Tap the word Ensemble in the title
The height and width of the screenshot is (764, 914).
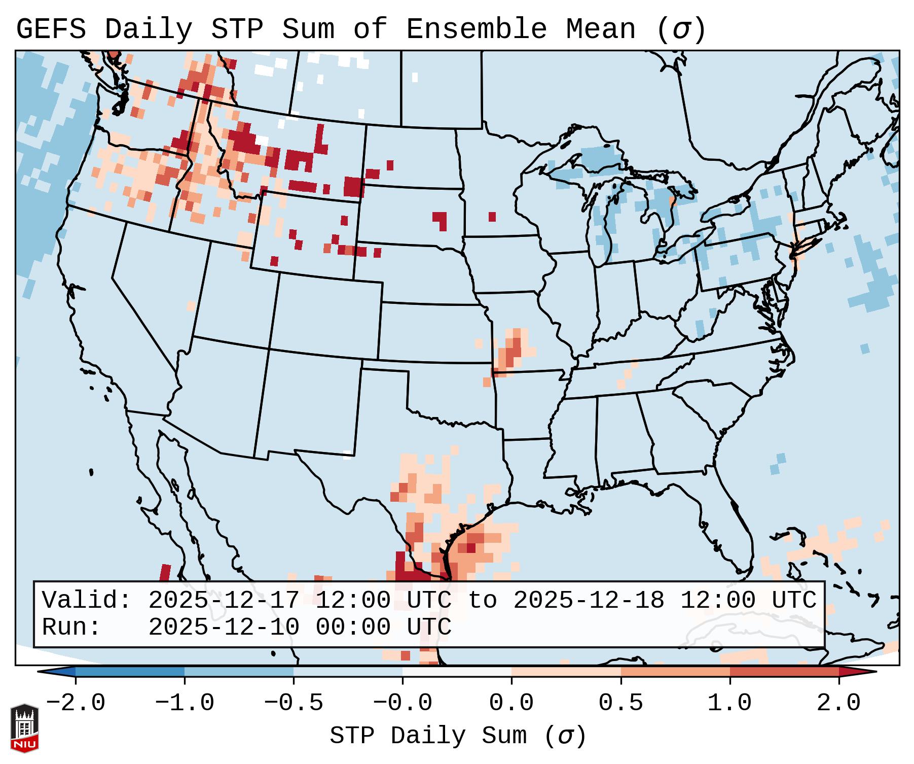476,29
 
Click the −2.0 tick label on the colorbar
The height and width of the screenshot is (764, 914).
76,703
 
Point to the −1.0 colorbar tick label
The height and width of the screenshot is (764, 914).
185,703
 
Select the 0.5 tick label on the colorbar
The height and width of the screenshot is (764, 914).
620,703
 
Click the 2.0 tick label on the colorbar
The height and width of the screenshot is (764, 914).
838,703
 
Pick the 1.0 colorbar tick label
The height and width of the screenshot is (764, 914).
729,703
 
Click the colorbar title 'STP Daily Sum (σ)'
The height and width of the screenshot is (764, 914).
458,736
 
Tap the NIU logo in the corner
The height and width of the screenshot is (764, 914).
24,728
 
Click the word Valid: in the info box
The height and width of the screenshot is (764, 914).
87,601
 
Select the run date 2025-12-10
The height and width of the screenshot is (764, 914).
224,628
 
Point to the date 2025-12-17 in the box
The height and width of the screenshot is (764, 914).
224,601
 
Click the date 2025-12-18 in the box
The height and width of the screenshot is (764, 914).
589,601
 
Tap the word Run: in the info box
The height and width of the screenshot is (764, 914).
71,628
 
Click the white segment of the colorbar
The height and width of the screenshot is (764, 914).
457,672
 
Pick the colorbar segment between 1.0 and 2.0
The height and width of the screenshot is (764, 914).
784,672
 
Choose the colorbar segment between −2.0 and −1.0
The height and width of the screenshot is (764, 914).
130,672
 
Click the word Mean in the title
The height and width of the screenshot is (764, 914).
600,29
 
